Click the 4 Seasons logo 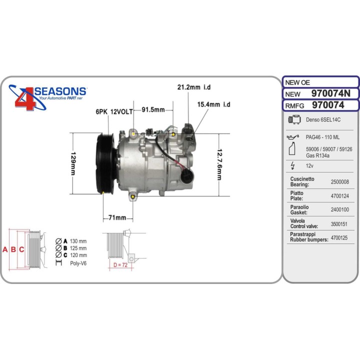(47, 97)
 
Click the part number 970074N (331, 93)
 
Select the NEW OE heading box (320, 82)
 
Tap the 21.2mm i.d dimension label (194, 87)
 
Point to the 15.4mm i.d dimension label (213, 104)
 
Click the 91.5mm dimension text (153, 109)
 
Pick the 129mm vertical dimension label (73, 163)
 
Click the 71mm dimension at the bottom (117, 217)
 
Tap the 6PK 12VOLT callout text (114, 112)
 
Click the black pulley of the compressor (105, 163)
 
